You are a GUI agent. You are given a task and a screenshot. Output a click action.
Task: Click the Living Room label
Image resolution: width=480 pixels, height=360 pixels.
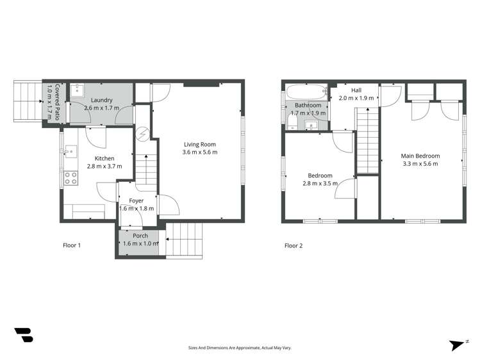pos(200,144)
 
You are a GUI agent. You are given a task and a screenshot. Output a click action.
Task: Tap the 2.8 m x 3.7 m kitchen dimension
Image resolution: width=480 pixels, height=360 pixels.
pos(104,166)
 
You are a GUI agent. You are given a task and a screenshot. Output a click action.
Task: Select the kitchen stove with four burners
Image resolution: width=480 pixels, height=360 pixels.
pos(70,178)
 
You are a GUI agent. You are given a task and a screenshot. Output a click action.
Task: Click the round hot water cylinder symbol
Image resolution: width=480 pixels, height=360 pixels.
pos(143,135)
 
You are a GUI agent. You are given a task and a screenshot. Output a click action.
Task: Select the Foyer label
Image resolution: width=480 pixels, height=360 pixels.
pos(136,200)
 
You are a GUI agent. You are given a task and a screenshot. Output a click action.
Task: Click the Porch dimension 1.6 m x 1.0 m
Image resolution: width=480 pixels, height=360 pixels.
pos(140,243)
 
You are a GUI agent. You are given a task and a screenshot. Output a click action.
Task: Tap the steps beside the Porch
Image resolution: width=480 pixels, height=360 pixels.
pos(185,241)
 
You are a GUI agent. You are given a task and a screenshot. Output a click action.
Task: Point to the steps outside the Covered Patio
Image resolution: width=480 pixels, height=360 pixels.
pos(28,102)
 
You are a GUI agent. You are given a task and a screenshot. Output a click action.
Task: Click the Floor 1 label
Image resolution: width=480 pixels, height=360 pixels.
pos(71,245)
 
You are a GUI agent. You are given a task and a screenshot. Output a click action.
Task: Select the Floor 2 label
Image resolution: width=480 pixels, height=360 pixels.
pos(293,245)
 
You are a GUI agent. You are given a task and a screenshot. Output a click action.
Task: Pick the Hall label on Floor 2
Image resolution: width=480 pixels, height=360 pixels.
pos(356,90)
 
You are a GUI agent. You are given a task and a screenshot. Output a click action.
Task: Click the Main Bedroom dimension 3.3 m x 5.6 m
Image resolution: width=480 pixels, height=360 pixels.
pos(420,164)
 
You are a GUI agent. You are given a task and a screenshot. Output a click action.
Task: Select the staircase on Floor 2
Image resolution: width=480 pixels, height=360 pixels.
pos(367,140)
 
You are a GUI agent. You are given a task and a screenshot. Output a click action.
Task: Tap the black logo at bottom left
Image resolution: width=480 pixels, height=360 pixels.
pos(23,334)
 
